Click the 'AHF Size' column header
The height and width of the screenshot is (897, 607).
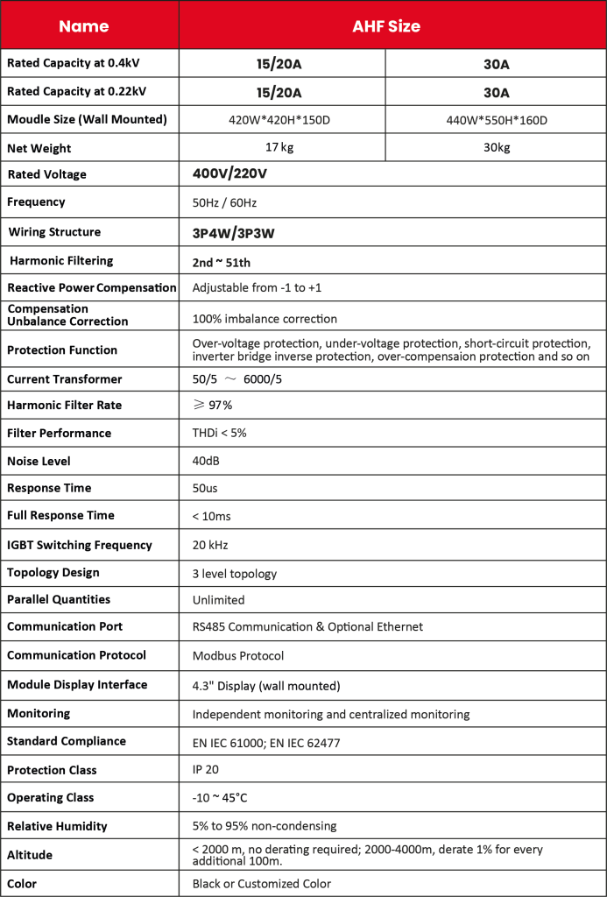click(x=386, y=26)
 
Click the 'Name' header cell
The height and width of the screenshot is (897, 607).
click(x=84, y=26)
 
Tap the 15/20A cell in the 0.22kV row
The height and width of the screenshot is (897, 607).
click(x=279, y=93)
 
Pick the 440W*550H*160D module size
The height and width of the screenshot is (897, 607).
click(x=497, y=120)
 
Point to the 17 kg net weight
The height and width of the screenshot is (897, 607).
click(x=279, y=147)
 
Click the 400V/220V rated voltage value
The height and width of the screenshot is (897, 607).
click(x=229, y=174)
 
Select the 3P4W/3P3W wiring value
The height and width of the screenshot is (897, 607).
click(x=229, y=233)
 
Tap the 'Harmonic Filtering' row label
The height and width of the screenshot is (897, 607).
click(x=61, y=260)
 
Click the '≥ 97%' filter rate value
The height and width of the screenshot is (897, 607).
click(x=213, y=406)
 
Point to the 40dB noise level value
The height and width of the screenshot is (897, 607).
click(x=206, y=461)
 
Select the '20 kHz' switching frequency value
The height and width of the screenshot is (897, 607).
click(x=210, y=545)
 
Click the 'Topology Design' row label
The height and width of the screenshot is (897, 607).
click(x=53, y=572)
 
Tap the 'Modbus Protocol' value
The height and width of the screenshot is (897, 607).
click(x=238, y=655)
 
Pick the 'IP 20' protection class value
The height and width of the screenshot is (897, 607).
click(x=206, y=770)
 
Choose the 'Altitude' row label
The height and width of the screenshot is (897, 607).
click(x=30, y=855)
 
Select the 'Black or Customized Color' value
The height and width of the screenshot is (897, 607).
click(x=262, y=884)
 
